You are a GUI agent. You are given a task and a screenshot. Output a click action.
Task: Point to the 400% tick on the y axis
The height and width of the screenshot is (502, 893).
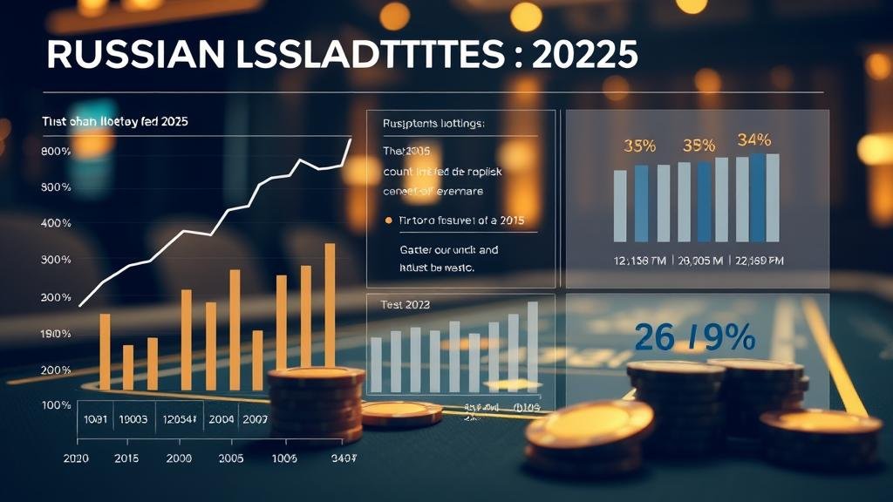point(56,224)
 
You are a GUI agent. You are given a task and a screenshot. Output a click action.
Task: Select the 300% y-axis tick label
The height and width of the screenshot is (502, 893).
point(56,261)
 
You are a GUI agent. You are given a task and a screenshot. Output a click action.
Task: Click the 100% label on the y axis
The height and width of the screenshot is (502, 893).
point(56,405)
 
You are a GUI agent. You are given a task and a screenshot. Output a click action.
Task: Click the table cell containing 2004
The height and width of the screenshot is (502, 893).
point(222,419)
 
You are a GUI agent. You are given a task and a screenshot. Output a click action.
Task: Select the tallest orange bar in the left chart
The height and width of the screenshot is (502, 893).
point(330,305)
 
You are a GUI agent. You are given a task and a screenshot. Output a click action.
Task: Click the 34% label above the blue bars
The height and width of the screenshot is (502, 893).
point(753,139)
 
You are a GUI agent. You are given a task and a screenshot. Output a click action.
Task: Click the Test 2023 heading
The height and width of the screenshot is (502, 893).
point(406,306)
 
